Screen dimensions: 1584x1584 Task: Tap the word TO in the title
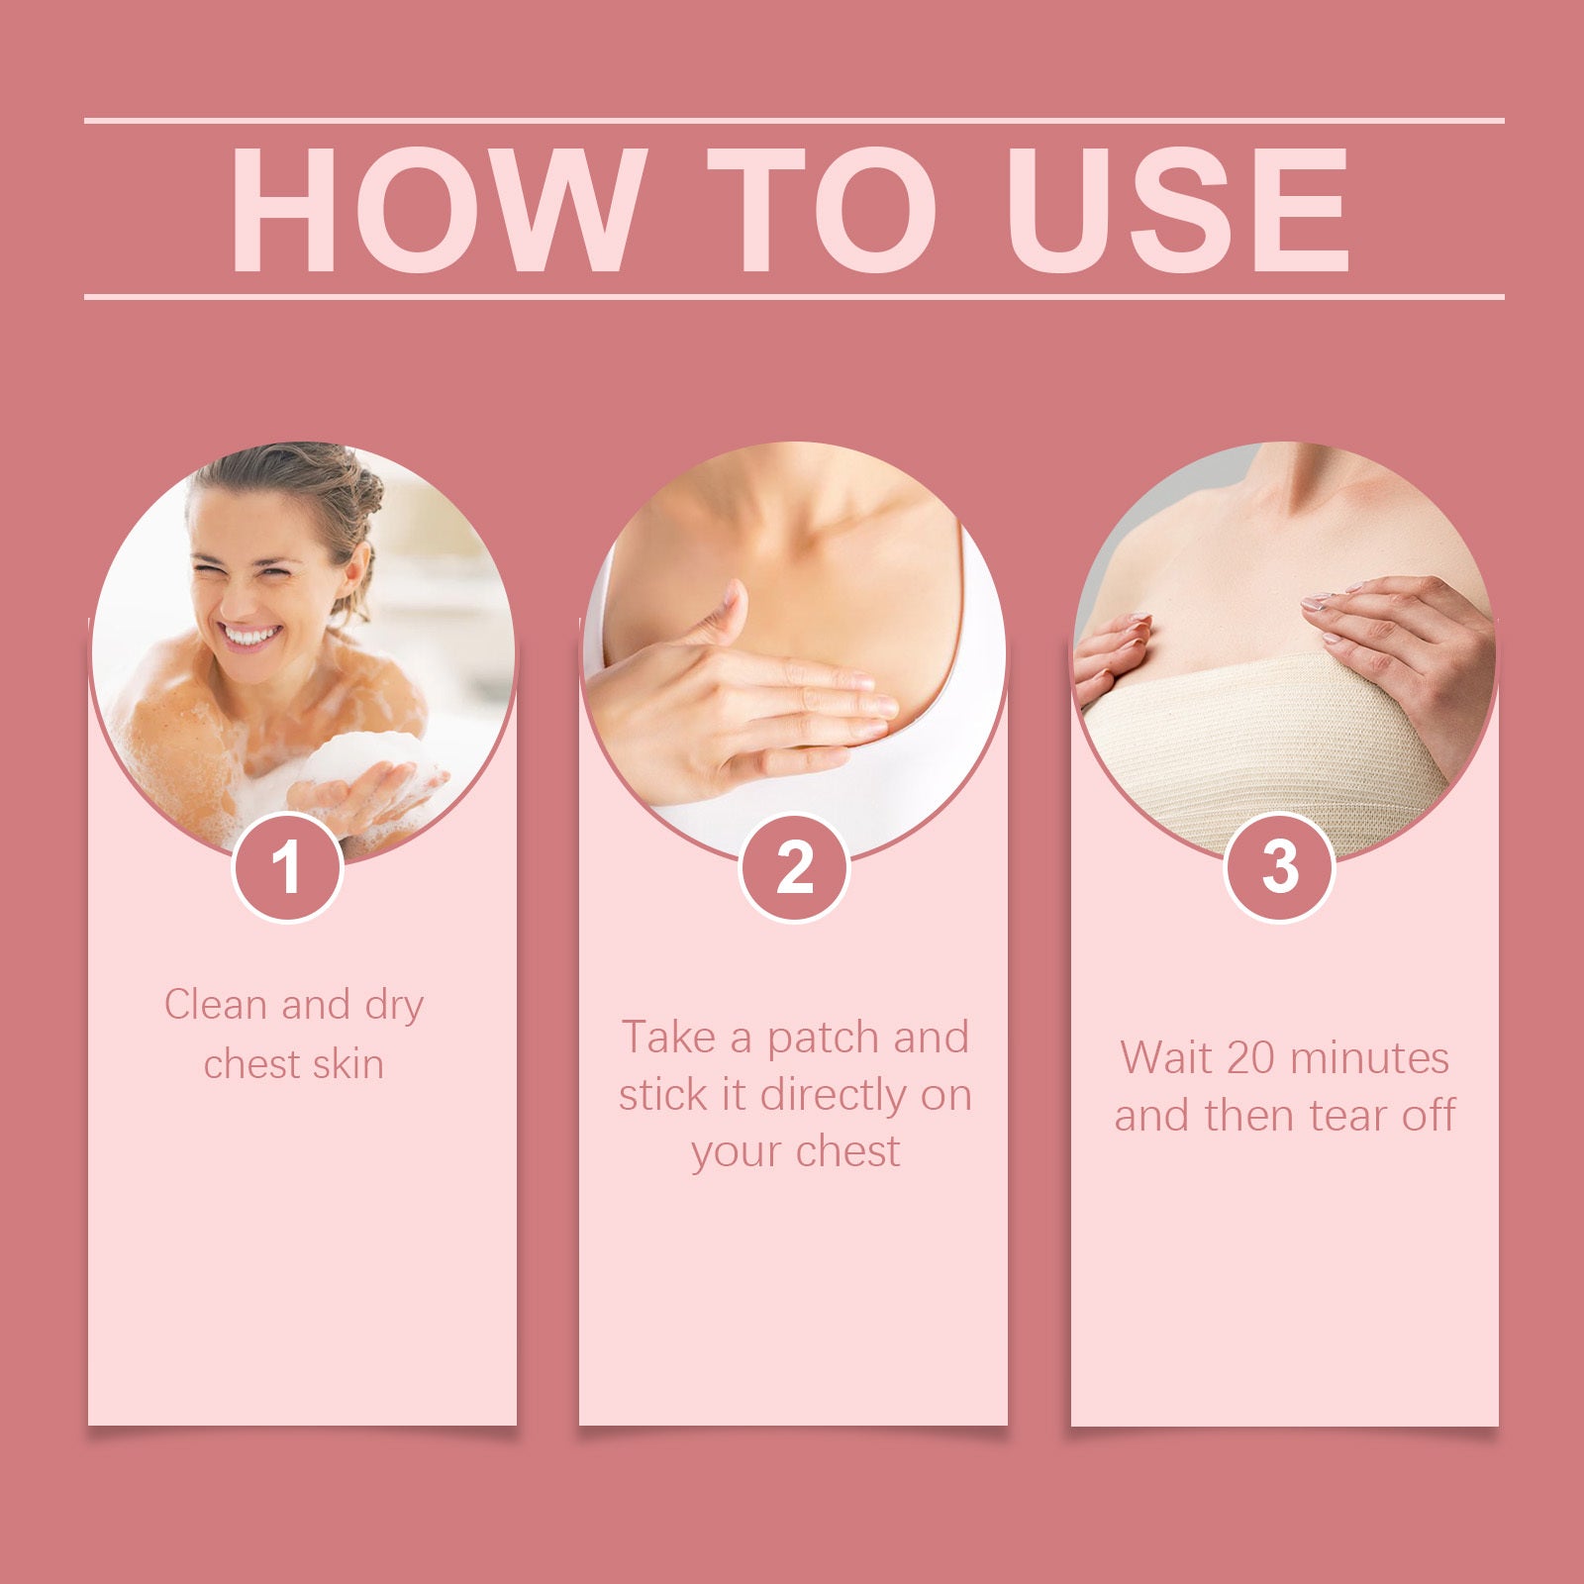tap(822, 209)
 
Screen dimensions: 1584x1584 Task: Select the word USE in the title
tap(1178, 209)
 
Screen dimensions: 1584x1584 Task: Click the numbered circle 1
tap(287, 868)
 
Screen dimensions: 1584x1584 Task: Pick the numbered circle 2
tap(794, 868)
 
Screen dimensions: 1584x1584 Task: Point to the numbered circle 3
tap(1280, 868)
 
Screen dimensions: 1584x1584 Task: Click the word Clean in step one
tap(215, 1005)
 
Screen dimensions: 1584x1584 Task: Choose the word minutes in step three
tap(1370, 1058)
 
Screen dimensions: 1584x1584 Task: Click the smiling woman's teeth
tap(249, 635)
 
